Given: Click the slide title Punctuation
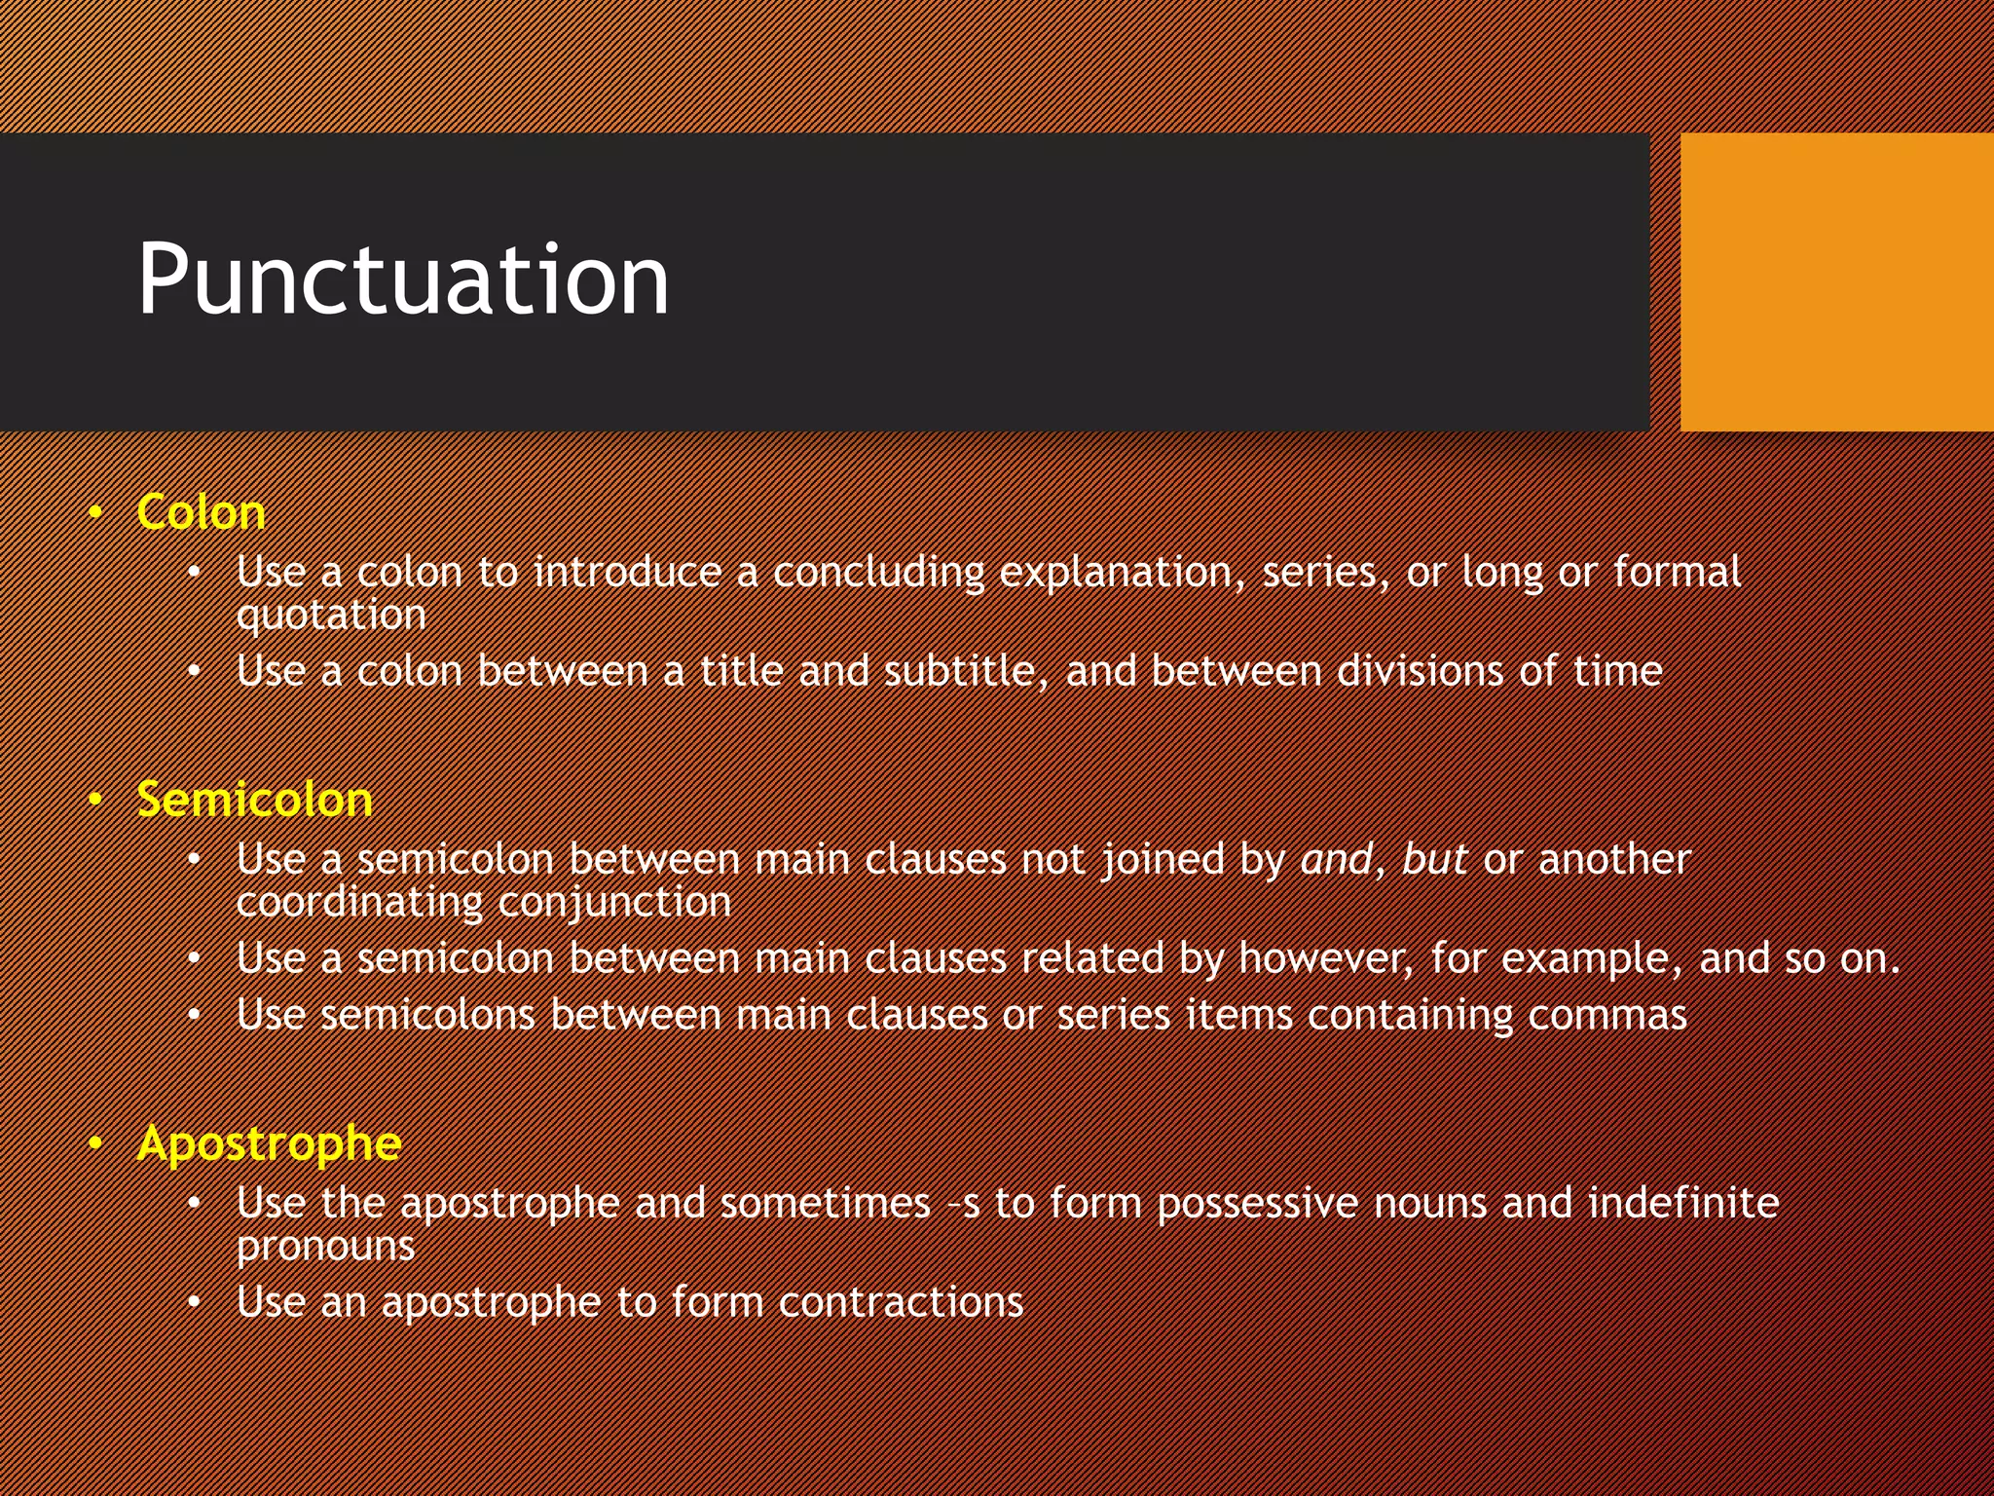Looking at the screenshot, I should pyautogui.click(x=403, y=280).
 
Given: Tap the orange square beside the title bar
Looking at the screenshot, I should pyautogui.click(x=1836, y=281).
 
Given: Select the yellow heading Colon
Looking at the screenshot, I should pyautogui.click(x=201, y=512).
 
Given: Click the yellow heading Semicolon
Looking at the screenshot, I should pyautogui.click(x=254, y=800).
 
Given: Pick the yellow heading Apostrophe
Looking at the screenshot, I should pyautogui.click(x=269, y=1142).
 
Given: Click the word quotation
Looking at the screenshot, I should pyautogui.click(x=331, y=616).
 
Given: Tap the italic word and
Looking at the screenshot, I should pyautogui.click(x=1336, y=859).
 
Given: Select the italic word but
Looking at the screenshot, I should pyautogui.click(x=1434, y=859).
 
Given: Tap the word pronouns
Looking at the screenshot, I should pyautogui.click(x=325, y=1247).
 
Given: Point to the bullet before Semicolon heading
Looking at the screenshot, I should pyautogui.click(x=95, y=800).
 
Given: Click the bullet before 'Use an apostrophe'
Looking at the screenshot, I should pyautogui.click(x=195, y=1302).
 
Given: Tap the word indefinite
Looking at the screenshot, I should pyautogui.click(x=1683, y=1203).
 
